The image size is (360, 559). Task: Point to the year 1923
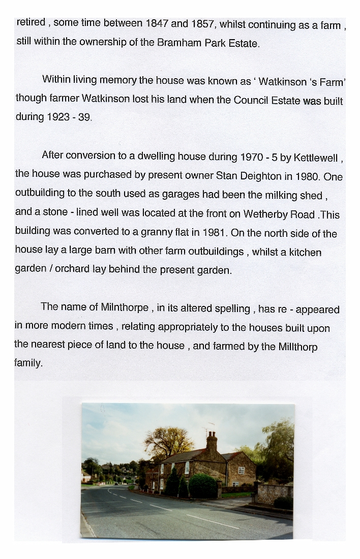(58, 117)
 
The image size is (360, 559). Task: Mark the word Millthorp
(298, 347)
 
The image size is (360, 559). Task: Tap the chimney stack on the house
(212, 441)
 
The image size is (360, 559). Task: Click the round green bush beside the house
(203, 486)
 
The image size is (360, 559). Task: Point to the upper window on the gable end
(241, 471)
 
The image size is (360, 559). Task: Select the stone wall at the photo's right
(275, 493)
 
